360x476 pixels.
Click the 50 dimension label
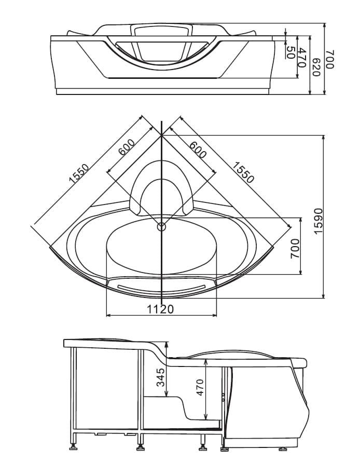click(x=290, y=53)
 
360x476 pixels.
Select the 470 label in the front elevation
click(x=301, y=58)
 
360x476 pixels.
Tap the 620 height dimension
click(x=316, y=67)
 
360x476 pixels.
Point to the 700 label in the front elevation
click(x=330, y=59)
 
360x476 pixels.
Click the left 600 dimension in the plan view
click(x=126, y=147)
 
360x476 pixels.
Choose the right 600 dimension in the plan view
click(x=198, y=149)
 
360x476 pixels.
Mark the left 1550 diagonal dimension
click(x=79, y=174)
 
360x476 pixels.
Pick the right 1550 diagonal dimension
click(x=243, y=172)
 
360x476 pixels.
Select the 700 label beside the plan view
click(x=295, y=249)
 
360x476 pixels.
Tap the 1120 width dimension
click(x=161, y=309)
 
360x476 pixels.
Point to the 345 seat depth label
click(x=160, y=377)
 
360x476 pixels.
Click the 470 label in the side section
click(x=200, y=387)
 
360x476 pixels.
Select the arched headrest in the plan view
click(x=162, y=164)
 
